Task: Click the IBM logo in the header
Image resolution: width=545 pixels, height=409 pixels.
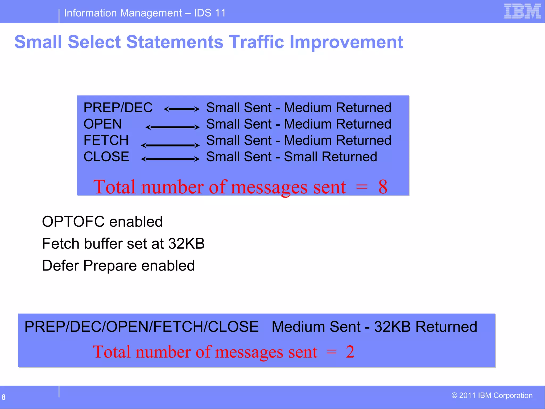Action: click(x=522, y=11)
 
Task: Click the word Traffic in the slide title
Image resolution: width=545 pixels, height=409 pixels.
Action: click(x=257, y=42)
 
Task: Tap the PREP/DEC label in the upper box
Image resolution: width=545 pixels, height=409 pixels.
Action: click(x=118, y=108)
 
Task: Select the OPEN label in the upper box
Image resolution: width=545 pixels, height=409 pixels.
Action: click(x=102, y=124)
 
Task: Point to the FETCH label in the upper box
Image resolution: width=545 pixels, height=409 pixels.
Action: click(x=106, y=140)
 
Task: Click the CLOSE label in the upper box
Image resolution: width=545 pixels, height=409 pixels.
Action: click(x=106, y=157)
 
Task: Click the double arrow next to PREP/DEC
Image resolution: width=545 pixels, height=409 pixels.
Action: click(x=181, y=109)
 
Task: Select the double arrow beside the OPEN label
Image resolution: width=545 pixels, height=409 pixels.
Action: click(x=172, y=127)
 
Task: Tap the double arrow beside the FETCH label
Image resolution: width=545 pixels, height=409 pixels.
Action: click(x=170, y=145)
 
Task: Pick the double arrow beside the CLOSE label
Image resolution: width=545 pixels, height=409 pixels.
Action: click(x=170, y=159)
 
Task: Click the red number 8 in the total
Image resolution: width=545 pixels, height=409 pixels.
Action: click(x=383, y=187)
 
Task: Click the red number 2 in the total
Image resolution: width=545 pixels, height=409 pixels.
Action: click(x=350, y=351)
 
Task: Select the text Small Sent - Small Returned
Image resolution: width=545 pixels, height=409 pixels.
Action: click(x=291, y=157)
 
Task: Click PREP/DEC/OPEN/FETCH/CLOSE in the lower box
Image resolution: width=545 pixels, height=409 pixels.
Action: click(x=141, y=327)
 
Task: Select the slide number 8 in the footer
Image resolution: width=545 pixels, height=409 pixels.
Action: click(x=3, y=397)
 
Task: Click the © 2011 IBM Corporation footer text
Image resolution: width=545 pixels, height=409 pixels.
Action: click(x=492, y=395)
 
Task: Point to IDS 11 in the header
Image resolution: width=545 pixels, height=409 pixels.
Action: click(x=210, y=13)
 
